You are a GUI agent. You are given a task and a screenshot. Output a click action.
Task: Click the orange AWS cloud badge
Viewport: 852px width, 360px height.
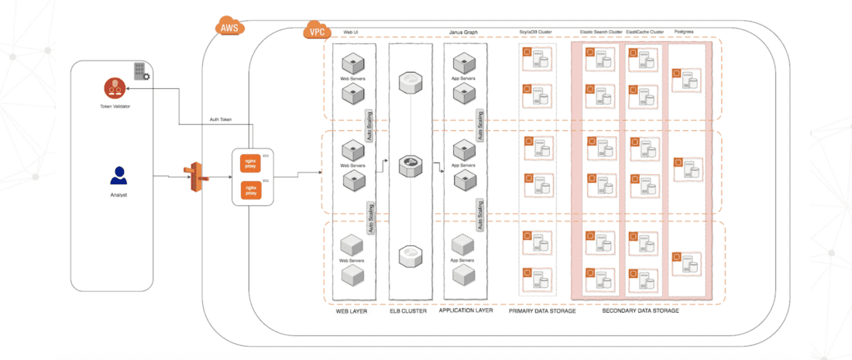tap(228, 27)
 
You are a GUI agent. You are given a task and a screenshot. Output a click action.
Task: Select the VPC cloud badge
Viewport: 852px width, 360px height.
tap(316, 33)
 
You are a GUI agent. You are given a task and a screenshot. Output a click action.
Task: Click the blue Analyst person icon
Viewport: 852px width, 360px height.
tap(118, 175)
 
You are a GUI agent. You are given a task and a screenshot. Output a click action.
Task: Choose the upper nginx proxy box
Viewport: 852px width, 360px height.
tap(250, 163)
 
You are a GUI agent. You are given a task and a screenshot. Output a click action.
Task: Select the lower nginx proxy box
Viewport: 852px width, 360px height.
tap(250, 188)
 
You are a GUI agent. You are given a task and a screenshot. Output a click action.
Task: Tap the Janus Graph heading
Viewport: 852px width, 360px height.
tap(463, 33)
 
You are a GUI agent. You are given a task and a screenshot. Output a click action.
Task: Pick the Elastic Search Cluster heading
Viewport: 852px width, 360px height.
tap(600, 33)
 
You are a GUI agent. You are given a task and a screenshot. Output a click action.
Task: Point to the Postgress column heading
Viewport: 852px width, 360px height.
tap(684, 33)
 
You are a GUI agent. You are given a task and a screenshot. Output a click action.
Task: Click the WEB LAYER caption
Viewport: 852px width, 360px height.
tap(352, 311)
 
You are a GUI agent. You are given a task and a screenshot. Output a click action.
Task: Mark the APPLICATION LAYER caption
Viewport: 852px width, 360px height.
tap(466, 311)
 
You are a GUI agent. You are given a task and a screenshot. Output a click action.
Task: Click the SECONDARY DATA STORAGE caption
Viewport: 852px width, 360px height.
tap(640, 311)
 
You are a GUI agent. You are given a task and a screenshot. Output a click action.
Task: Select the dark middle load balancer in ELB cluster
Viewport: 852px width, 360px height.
tap(408, 164)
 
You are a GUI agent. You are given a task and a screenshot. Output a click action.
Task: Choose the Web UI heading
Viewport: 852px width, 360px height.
tap(350, 33)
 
